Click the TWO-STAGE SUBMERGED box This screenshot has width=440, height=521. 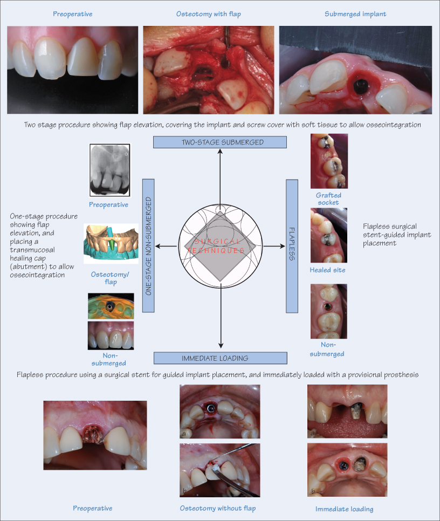point(220,142)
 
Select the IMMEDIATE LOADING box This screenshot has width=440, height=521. point(220,358)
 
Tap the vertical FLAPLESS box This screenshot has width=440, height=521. point(292,246)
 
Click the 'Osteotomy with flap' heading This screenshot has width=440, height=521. point(209,13)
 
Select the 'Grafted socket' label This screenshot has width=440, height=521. point(328,199)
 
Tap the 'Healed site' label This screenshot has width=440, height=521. point(328,270)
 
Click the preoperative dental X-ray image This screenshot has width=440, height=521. point(108,169)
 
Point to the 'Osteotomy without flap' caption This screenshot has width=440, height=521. point(218,508)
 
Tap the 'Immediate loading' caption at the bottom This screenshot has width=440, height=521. point(344,509)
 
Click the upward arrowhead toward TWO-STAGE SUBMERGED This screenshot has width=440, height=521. point(220,152)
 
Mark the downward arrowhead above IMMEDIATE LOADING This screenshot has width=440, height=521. point(220,347)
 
